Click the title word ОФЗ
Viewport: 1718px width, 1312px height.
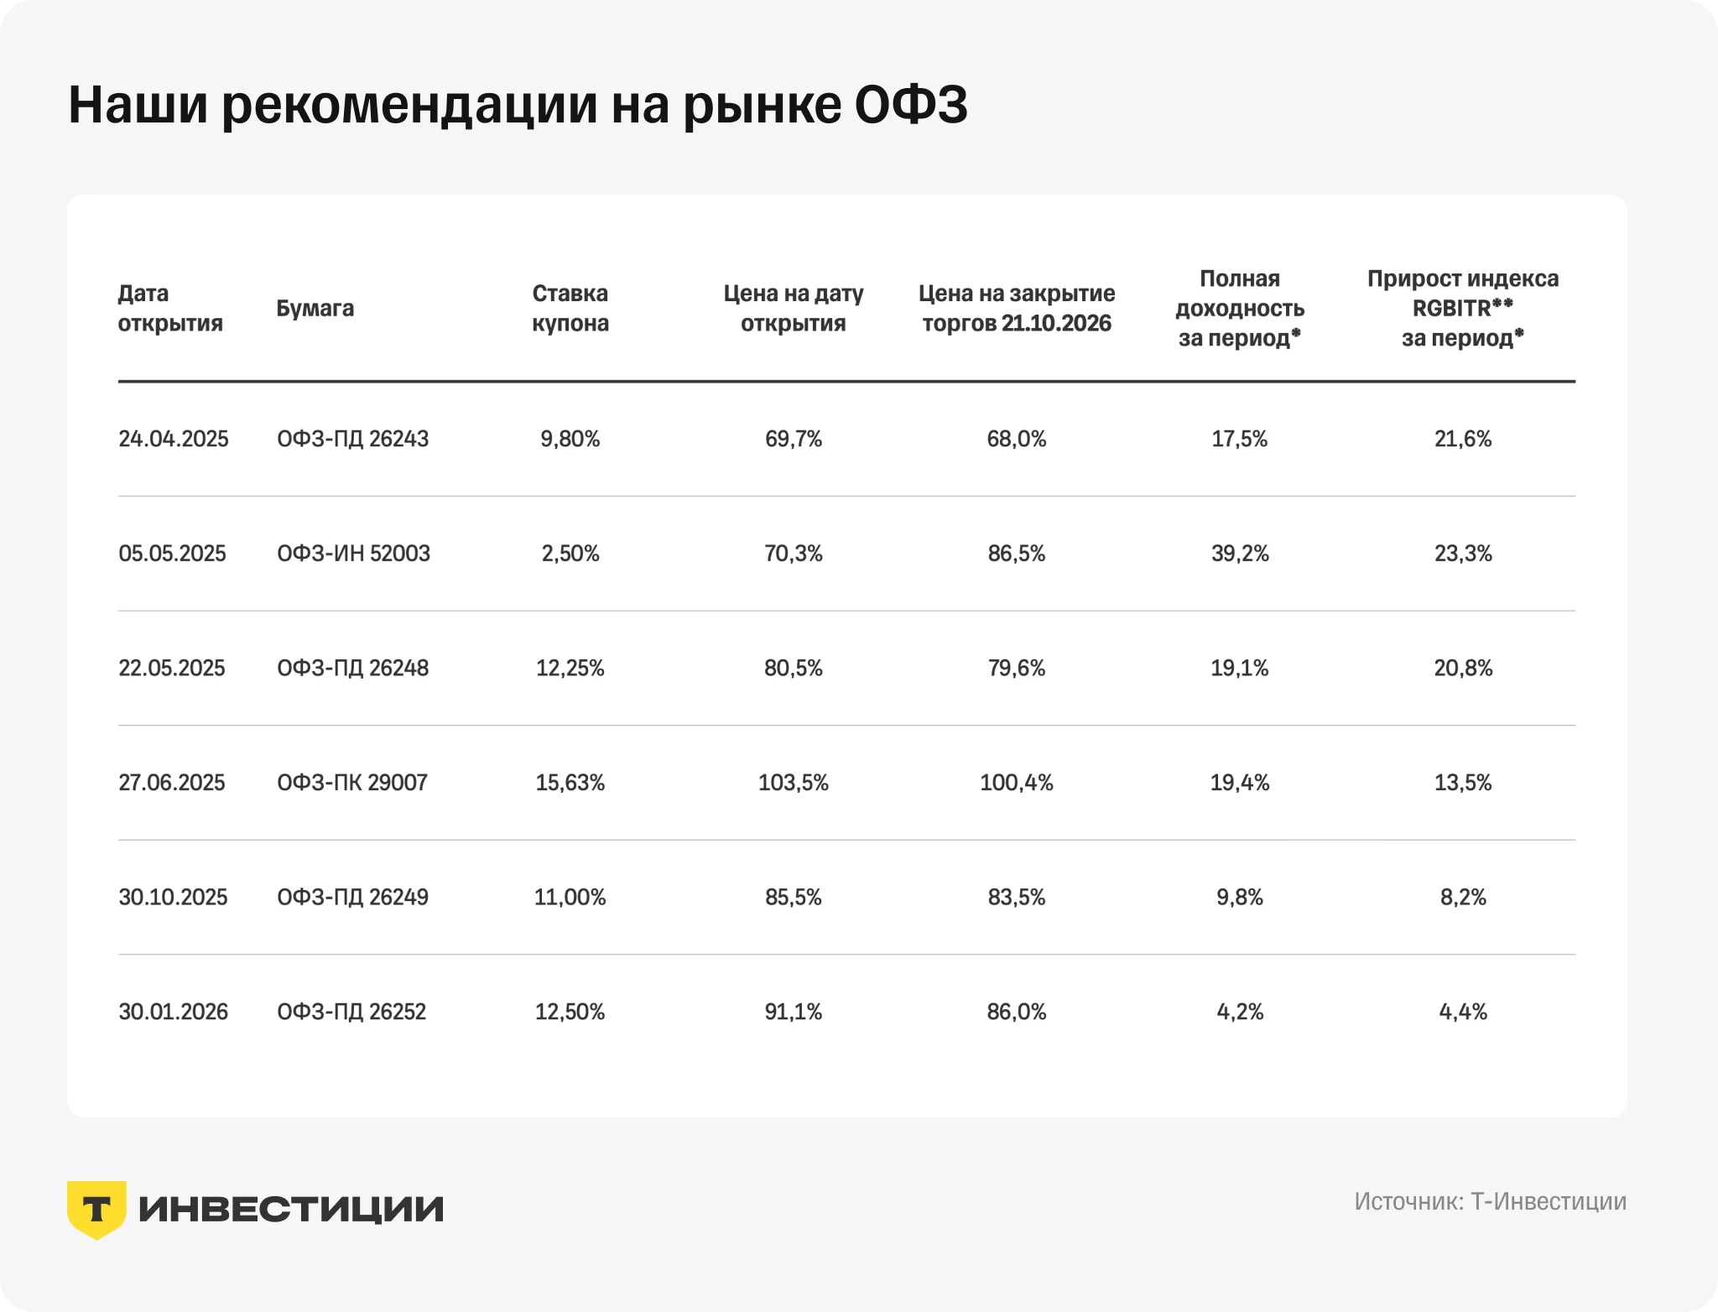(x=911, y=105)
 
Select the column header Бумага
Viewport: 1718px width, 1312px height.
(x=315, y=309)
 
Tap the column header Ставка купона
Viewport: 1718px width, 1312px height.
(x=570, y=308)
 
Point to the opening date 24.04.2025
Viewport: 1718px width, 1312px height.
(x=174, y=439)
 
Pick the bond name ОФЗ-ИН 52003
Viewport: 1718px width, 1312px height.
(x=353, y=554)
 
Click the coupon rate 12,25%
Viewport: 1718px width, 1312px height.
(x=570, y=669)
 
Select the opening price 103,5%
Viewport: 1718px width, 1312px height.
(x=794, y=783)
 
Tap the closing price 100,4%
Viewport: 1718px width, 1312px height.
(x=1017, y=783)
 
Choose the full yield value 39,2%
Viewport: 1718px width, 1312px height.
(x=1240, y=554)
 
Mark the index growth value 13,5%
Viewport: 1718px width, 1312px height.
(x=1463, y=783)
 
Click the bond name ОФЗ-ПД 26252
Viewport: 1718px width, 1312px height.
(x=351, y=1012)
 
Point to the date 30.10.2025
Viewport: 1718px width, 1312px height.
(x=173, y=898)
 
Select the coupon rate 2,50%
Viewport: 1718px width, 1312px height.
(x=570, y=554)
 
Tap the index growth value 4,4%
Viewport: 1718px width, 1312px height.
(x=1463, y=1012)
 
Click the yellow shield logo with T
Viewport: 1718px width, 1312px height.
(x=96, y=1209)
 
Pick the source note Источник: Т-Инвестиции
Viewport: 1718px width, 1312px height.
(x=1490, y=1201)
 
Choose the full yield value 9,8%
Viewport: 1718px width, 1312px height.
(x=1240, y=898)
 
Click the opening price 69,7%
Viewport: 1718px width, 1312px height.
(x=794, y=439)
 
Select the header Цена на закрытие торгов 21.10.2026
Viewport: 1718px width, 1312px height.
(x=1017, y=308)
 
